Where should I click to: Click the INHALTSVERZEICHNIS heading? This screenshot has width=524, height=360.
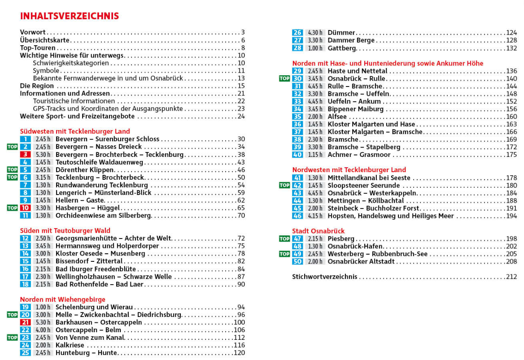[x=70, y=16]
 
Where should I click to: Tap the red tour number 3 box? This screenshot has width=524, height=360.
[x=26, y=155]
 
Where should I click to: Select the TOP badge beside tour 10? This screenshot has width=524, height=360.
[x=12, y=208]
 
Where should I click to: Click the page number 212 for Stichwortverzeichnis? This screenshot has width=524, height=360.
[x=511, y=277]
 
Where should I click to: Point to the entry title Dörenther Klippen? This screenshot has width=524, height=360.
[x=85, y=170]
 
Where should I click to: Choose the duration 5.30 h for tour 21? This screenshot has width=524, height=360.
[x=43, y=322]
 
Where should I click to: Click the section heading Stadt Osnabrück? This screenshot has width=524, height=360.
[x=319, y=231]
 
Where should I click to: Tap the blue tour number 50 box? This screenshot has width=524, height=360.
[x=297, y=262]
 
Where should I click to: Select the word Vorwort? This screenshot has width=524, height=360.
[x=33, y=32]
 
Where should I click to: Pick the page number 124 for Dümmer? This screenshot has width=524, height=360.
[x=511, y=33]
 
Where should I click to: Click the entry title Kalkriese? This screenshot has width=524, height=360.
[x=70, y=345]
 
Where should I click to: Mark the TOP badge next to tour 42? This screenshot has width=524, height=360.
[x=284, y=186]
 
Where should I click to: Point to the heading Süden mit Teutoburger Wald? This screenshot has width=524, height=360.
[x=65, y=231]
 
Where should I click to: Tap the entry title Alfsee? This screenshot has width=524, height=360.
[x=337, y=117]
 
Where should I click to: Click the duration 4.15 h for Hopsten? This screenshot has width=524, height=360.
[x=315, y=216]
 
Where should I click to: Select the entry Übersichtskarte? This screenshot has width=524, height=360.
[x=45, y=40]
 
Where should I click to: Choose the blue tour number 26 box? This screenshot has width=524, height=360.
[x=297, y=33]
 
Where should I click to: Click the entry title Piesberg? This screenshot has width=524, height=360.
[x=341, y=239]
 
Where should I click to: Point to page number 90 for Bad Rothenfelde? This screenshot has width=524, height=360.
[x=241, y=284]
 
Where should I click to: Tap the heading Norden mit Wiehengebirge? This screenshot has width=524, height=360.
[x=63, y=299]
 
